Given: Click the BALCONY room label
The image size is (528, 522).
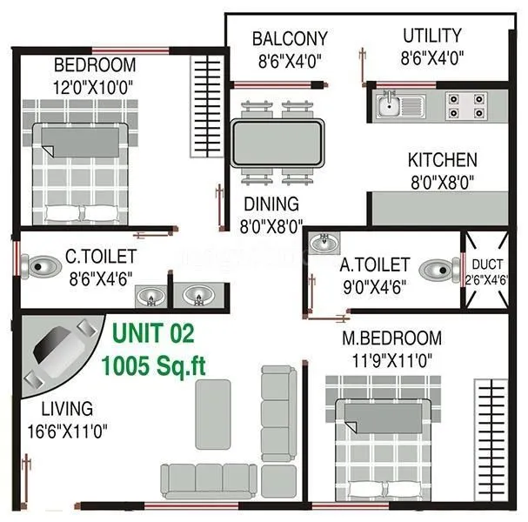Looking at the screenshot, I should coord(290,39).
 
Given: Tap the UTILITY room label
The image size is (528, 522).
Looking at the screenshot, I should coord(431,36).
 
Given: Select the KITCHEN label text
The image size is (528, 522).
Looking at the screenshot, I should coord(442,160).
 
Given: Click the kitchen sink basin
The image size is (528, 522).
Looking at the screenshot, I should coord(388,107).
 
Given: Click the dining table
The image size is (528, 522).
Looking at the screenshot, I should coord(277,144).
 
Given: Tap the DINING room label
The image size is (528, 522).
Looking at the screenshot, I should coord(271,204).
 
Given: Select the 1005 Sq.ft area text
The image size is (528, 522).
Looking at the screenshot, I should coord(153,364).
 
